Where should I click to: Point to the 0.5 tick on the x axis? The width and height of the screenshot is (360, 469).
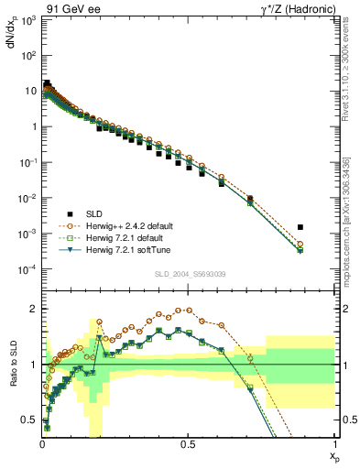click(188, 444)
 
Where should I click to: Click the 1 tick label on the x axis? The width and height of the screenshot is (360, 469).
click(333, 444)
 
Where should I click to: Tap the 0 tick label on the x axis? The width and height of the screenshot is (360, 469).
click(42, 444)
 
